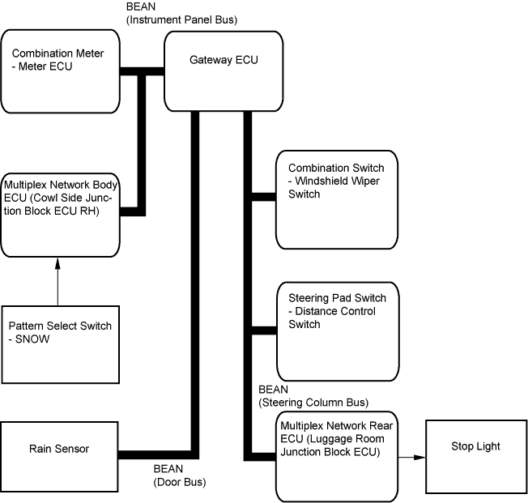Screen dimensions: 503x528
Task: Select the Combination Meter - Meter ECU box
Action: tap(61, 71)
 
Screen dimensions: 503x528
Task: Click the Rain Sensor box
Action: tap(60, 448)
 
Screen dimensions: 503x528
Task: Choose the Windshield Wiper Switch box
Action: tap(336, 199)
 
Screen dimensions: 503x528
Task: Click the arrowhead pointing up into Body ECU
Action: tap(58, 262)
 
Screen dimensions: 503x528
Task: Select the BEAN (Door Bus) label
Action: tap(180, 475)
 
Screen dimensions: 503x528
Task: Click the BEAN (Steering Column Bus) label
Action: tap(313, 395)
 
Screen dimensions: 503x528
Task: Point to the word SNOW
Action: tap(35, 339)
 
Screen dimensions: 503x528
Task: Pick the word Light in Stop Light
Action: tap(488, 446)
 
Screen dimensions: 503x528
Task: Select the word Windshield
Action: tap(321, 181)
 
